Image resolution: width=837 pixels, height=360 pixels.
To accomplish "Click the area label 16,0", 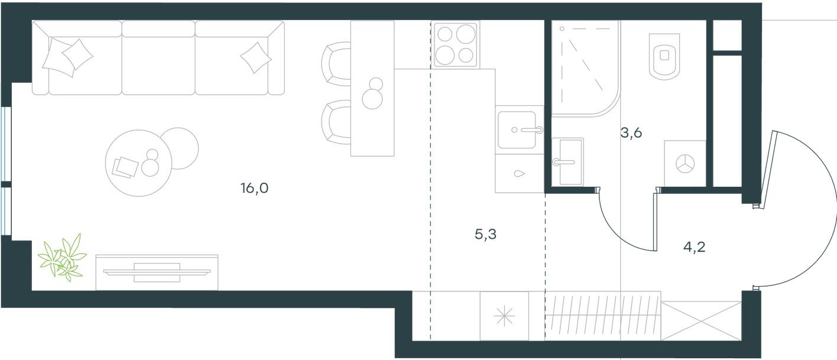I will pyautogui.click(x=255, y=189).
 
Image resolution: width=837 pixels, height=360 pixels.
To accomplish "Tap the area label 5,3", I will pyautogui.click(x=485, y=235).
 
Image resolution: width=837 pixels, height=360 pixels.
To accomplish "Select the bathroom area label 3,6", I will pyautogui.click(x=631, y=132).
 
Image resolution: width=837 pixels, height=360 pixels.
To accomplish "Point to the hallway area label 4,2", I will pyautogui.click(x=694, y=247).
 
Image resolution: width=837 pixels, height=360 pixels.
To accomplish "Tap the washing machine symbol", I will pyautogui.click(x=684, y=164).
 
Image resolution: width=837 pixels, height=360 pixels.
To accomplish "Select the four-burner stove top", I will pyautogui.click(x=455, y=45).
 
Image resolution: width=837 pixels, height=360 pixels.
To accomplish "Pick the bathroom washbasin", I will pyautogui.click(x=567, y=161).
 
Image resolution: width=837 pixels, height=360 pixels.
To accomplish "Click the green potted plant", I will pyautogui.click(x=62, y=258).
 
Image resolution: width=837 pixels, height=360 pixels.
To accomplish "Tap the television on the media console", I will pyautogui.click(x=157, y=272).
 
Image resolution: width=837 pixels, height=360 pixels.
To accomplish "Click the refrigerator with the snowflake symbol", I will pyautogui.click(x=504, y=317).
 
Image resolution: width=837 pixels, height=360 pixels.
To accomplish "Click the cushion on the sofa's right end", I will pyautogui.click(x=255, y=57).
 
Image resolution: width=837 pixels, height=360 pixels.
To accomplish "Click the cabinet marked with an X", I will pyautogui.click(x=700, y=320).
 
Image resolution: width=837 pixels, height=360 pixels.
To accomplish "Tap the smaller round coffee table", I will pyautogui.click(x=180, y=148).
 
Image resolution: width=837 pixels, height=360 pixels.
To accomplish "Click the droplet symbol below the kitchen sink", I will pyautogui.click(x=519, y=174).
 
